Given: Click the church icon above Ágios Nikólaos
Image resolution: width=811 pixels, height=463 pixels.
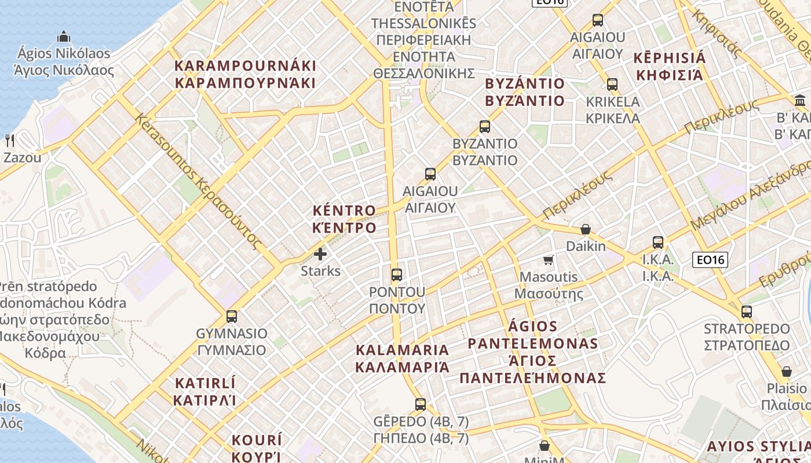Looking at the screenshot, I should (64, 38).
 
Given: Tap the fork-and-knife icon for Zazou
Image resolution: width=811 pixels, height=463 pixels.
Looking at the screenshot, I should (10, 140).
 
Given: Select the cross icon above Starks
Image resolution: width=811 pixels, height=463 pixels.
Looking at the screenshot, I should (320, 254).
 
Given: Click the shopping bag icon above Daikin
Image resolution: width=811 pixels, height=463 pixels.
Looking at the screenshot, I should (586, 230).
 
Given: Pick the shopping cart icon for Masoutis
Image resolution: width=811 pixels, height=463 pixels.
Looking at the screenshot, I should (548, 260).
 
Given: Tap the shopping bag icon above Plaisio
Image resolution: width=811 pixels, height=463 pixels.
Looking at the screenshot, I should (787, 372).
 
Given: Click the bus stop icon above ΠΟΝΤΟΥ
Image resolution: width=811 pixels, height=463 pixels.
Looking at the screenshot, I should (397, 274).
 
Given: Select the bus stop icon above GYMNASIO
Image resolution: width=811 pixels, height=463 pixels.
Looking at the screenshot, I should (232, 317).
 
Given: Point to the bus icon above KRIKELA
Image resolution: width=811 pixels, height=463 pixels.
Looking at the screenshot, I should (612, 84).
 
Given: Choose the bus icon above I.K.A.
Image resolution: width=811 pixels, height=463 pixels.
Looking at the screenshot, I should (658, 242).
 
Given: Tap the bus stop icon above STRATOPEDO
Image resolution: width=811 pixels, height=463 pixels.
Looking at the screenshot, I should (747, 312).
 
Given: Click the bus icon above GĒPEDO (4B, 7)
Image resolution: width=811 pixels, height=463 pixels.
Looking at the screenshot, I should (421, 404).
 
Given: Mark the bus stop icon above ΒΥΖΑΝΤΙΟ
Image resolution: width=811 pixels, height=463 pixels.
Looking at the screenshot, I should (485, 126).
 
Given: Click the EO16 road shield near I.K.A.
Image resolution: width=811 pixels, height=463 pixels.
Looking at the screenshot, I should (710, 260).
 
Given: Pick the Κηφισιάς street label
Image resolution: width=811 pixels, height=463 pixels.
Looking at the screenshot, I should (717, 34).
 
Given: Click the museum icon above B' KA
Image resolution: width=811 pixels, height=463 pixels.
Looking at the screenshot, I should (802, 100).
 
